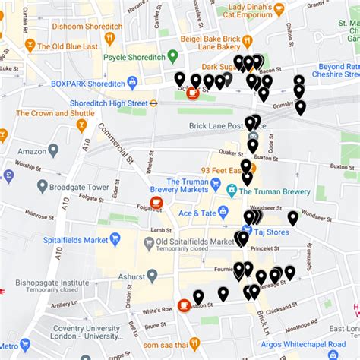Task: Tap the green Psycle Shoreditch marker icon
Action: (172, 57)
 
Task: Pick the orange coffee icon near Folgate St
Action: (156, 203)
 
